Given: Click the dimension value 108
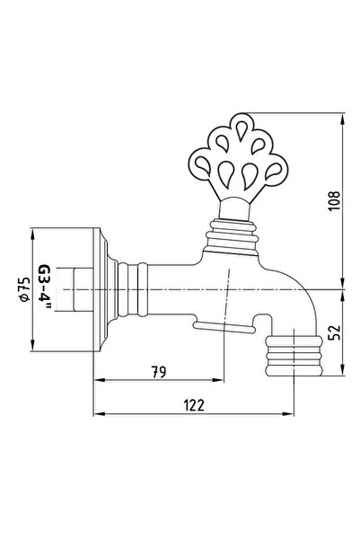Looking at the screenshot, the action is click(333, 200).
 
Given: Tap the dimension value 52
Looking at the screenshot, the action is click(333, 332).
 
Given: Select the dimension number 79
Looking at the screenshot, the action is click(159, 372).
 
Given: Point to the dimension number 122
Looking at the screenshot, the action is click(193, 405).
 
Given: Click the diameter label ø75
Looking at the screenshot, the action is click(25, 289).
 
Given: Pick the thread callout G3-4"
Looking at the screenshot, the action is click(44, 287).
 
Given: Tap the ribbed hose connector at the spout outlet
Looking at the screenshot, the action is click(294, 356).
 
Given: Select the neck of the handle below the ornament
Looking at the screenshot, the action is click(234, 208).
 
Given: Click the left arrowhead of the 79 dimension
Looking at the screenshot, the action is click(99, 380).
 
